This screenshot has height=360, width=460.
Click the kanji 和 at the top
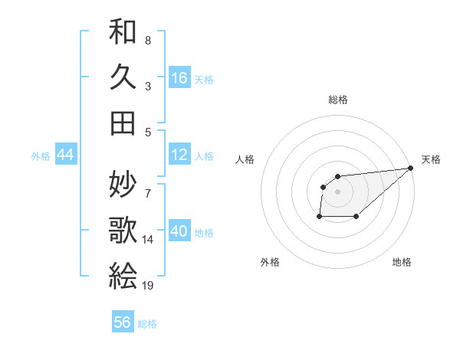pos(123,32)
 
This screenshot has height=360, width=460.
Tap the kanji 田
pos(123,122)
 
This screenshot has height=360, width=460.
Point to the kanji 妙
pos(123,184)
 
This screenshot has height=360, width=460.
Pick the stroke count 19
pos(148,285)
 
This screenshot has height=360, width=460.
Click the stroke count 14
pos(148,240)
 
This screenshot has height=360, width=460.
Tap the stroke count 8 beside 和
pos(148,40)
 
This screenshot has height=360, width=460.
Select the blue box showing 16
pos(179,78)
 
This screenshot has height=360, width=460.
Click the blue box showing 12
pos(179,155)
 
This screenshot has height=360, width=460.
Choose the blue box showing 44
pos(65,155)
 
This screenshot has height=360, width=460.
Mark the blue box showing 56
pos(123,322)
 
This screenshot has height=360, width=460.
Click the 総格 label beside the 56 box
pos(148,324)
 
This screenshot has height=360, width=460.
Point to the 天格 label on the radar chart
pos(431,159)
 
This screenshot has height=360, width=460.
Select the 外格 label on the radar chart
pos(270,262)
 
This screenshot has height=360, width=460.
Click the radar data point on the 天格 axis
pos(411,169)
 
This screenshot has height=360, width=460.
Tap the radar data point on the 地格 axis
pos(356,217)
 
